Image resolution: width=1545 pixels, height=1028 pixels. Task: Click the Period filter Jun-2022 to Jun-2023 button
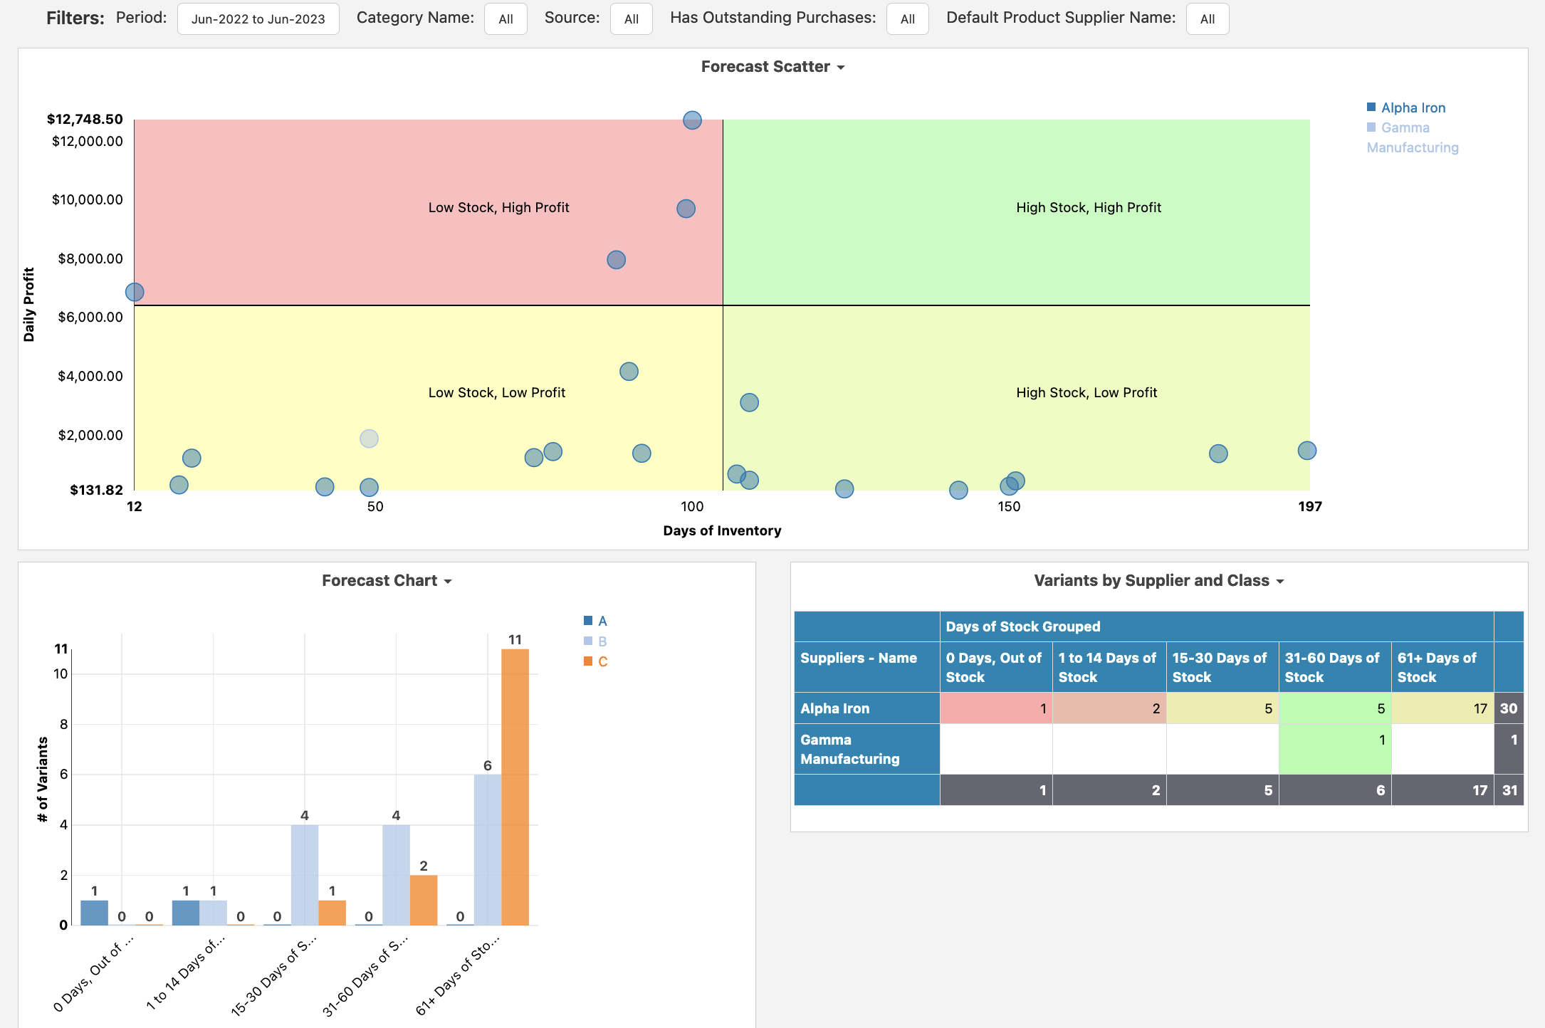pos(258,19)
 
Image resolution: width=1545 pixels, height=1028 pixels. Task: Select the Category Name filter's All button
pos(506,19)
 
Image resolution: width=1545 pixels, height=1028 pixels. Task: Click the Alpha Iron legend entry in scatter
pos(1406,107)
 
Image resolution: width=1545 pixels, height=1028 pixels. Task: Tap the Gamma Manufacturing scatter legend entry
pos(1413,137)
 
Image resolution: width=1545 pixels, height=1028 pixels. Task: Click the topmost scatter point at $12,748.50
pos(692,120)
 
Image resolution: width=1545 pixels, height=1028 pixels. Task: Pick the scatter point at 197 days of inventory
pos(1306,451)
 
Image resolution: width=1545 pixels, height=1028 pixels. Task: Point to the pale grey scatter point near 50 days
pos(369,439)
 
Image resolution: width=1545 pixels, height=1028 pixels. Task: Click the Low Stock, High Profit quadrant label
pos(498,207)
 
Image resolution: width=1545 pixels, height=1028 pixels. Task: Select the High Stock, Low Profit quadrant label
pos(1086,392)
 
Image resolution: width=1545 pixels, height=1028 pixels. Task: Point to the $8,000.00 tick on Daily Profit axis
pos(90,258)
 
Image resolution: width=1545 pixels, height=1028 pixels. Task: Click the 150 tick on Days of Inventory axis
pos(1009,506)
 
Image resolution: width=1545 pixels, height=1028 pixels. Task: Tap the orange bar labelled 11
pos(515,787)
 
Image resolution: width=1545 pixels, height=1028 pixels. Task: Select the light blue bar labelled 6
pos(488,850)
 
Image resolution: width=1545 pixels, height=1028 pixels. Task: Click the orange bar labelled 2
pos(424,900)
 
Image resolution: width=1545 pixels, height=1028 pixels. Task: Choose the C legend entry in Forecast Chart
pos(596,661)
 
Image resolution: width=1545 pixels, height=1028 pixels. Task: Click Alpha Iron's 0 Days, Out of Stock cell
pos(996,708)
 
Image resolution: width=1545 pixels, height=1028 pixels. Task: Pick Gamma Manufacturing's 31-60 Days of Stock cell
pos(1335,749)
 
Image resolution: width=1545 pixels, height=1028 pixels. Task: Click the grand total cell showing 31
pos(1509,790)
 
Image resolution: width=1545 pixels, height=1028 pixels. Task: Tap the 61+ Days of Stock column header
pos(1442,667)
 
